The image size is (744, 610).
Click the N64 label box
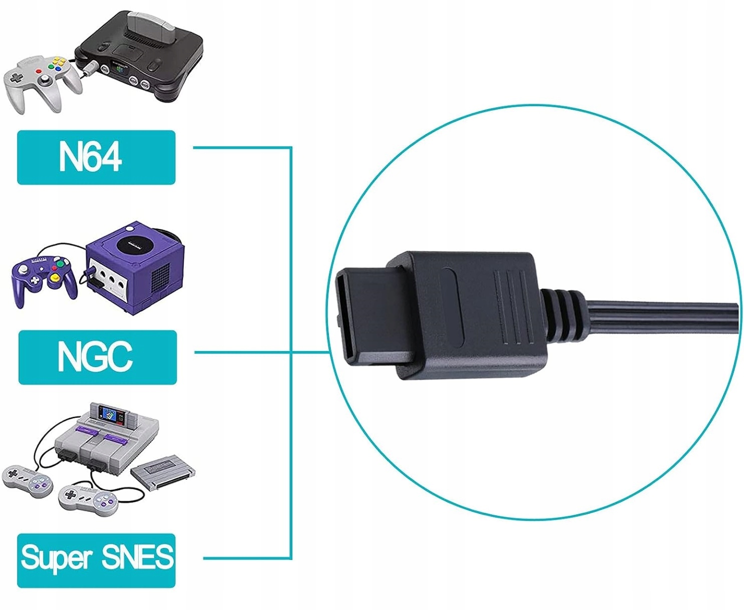coord(96,157)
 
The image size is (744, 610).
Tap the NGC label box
coord(97,357)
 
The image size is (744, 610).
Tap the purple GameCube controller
coord(44,278)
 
